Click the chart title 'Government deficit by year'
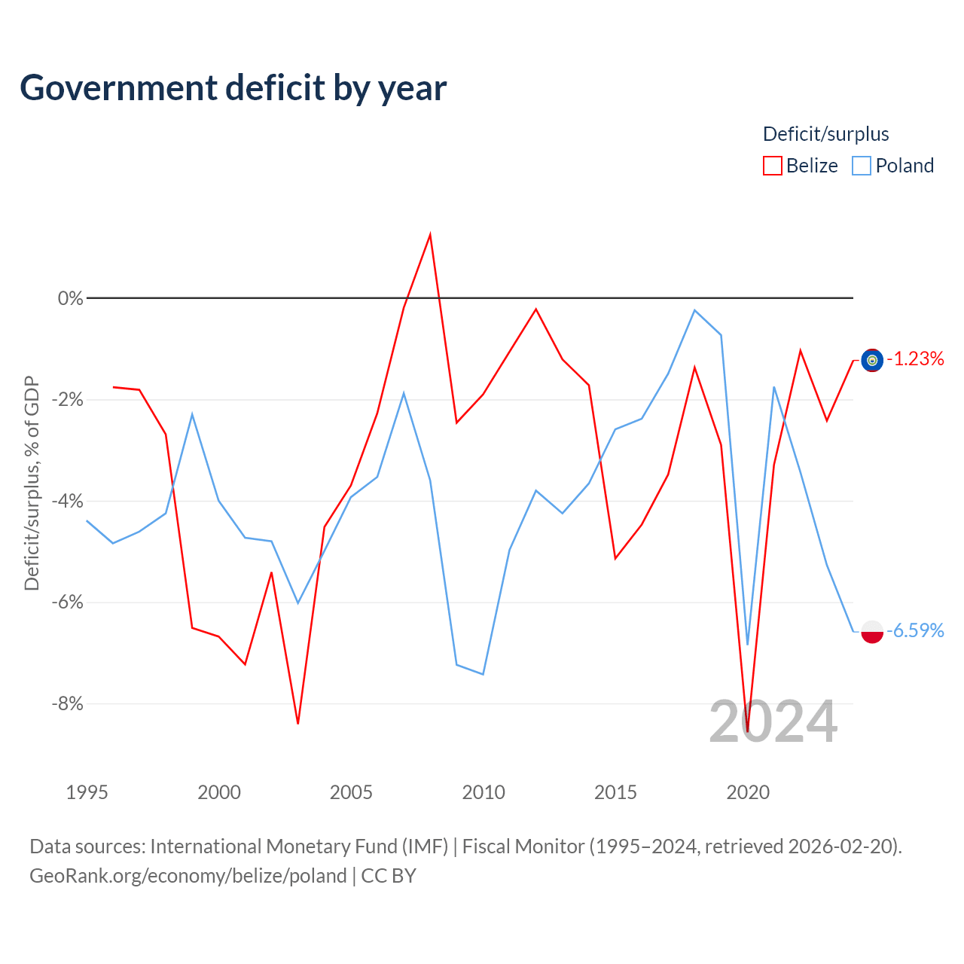[x=233, y=88]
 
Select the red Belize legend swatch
[x=773, y=166]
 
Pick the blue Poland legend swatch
[x=862, y=166]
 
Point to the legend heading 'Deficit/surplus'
[x=826, y=134]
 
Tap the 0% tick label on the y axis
[x=71, y=298]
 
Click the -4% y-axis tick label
[x=68, y=501]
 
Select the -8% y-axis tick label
[x=68, y=704]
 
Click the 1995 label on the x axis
[x=87, y=792]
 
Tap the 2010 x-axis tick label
[x=484, y=792]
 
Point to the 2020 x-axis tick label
[x=748, y=792]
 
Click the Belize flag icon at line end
[x=872, y=360]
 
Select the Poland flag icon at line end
[x=872, y=632]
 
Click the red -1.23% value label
[x=916, y=359]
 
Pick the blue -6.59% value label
[x=916, y=631]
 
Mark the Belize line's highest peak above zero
[x=430, y=234]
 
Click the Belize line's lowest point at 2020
[x=747, y=732]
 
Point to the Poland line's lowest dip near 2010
[x=483, y=674]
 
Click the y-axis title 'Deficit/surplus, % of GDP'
[x=32, y=484]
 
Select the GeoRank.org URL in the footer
[x=188, y=876]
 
